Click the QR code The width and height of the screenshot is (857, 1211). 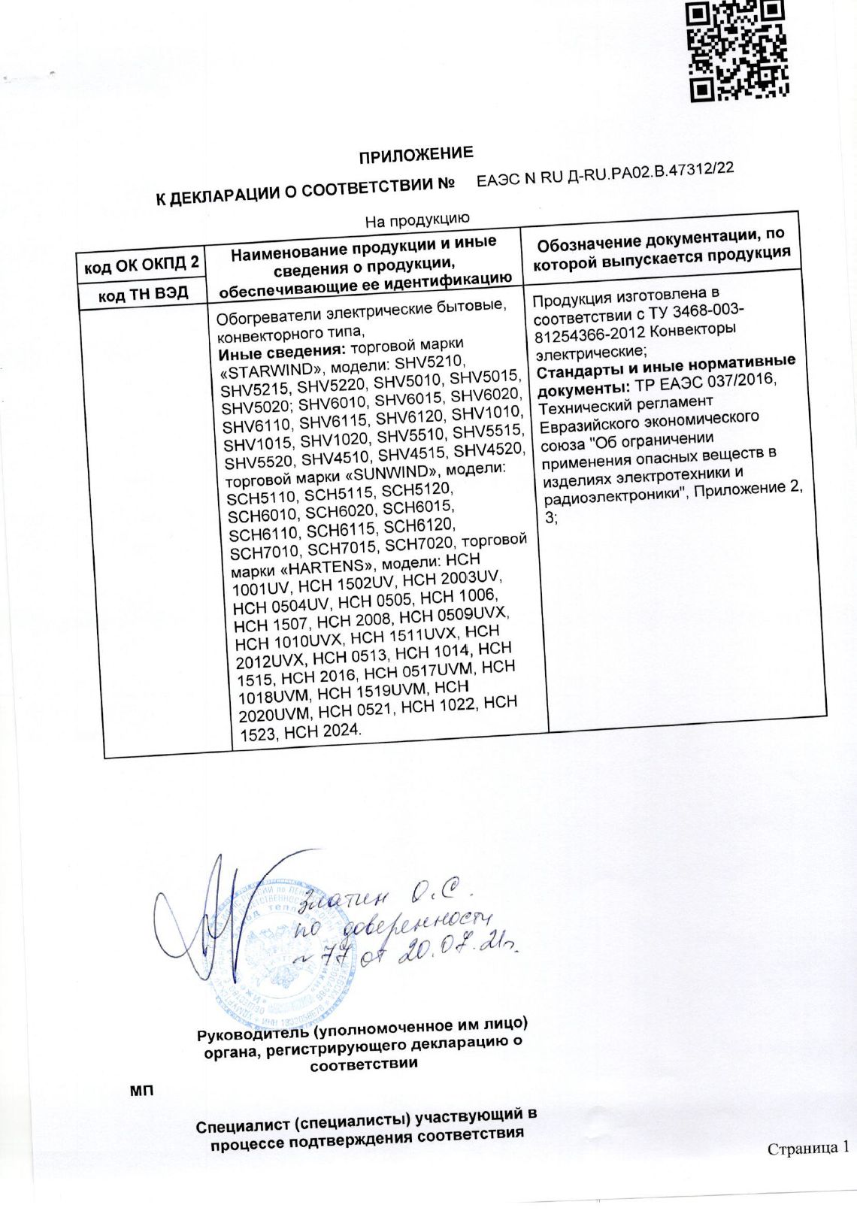pyautogui.click(x=737, y=51)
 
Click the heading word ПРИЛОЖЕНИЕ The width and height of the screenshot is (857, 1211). pyautogui.click(x=416, y=155)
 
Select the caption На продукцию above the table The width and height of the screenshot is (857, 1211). pyautogui.click(x=417, y=219)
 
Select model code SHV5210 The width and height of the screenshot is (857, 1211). pyautogui.click(x=425, y=362)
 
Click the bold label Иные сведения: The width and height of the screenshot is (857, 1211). pyautogui.click(x=281, y=352)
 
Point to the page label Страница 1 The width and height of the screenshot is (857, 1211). pyautogui.click(x=807, y=1148)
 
